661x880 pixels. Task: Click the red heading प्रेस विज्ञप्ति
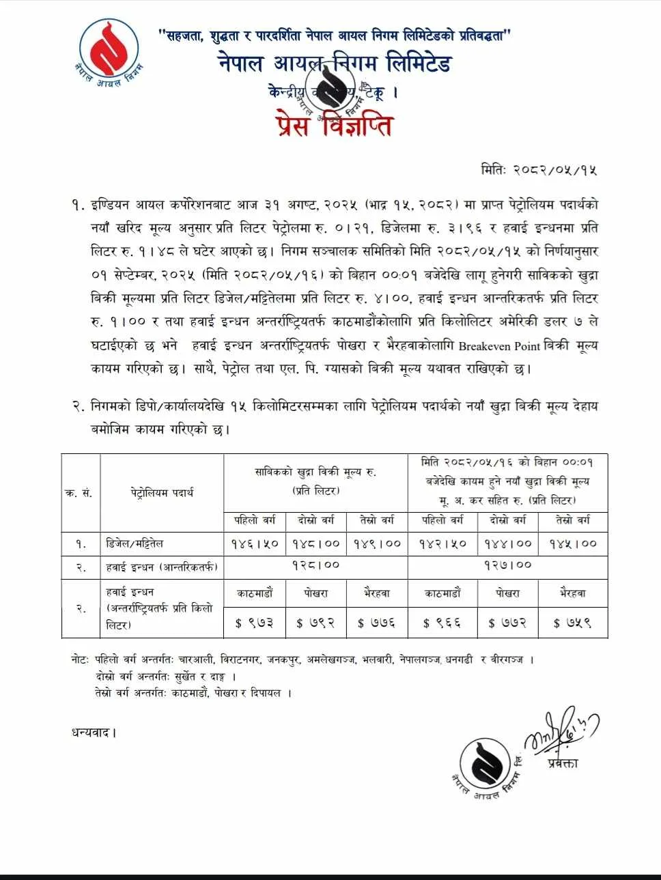(x=335, y=126)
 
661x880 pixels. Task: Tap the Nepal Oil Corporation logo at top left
(x=109, y=53)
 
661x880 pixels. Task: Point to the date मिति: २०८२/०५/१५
(x=539, y=169)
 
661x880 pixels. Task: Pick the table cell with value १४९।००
(x=377, y=544)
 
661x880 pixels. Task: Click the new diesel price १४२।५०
(x=442, y=544)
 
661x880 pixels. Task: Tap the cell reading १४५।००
(x=573, y=544)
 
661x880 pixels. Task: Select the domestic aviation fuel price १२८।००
(x=315, y=566)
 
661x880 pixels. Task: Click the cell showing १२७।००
(x=507, y=566)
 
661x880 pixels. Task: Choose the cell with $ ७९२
(x=315, y=623)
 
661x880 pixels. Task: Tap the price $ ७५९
(x=573, y=623)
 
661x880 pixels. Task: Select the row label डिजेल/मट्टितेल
(x=135, y=544)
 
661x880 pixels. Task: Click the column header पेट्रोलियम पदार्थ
(x=162, y=492)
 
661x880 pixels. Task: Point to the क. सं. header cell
(x=79, y=493)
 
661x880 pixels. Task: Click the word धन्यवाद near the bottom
(x=94, y=733)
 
